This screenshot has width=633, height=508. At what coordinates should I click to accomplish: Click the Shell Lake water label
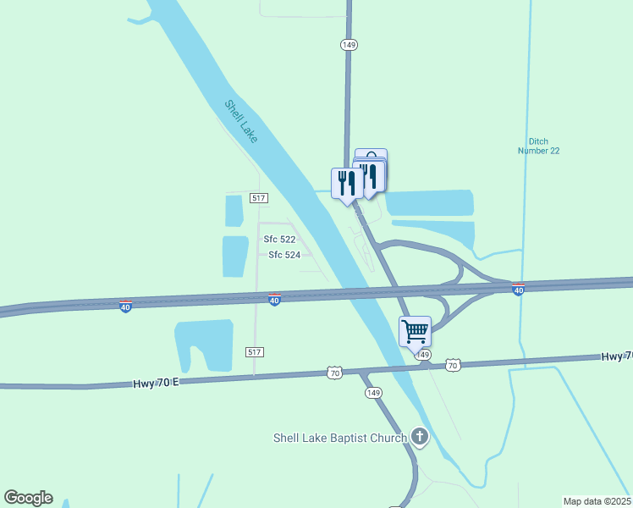pyautogui.click(x=241, y=121)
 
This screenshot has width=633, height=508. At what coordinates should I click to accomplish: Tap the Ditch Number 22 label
pyautogui.click(x=539, y=146)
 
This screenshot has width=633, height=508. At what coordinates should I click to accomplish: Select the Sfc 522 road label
pyautogui.click(x=279, y=240)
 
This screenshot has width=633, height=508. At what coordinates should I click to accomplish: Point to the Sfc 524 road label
pyautogui.click(x=284, y=254)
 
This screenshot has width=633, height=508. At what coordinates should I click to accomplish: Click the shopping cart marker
pyautogui.click(x=415, y=331)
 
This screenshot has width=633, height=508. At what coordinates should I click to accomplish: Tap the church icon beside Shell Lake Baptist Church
pyautogui.click(x=419, y=437)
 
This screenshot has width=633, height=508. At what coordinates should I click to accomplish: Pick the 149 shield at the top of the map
pyautogui.click(x=348, y=44)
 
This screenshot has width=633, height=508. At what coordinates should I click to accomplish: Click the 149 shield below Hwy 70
pyautogui.click(x=374, y=393)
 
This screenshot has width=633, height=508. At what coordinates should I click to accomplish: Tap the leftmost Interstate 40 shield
pyautogui.click(x=125, y=306)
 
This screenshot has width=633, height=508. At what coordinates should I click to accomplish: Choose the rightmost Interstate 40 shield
pyautogui.click(x=519, y=290)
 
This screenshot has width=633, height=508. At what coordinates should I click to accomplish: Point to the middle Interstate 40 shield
pyautogui.click(x=274, y=300)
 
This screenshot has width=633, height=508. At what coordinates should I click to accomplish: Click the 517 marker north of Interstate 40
pyautogui.click(x=259, y=197)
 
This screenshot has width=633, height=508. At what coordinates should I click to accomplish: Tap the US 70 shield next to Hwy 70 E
pyautogui.click(x=335, y=373)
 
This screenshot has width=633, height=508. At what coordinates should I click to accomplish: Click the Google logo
pyautogui.click(x=28, y=498)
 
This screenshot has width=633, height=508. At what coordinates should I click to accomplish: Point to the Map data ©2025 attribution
pyautogui.click(x=597, y=501)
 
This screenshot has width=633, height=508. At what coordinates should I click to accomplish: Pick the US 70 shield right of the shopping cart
pyautogui.click(x=453, y=365)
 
